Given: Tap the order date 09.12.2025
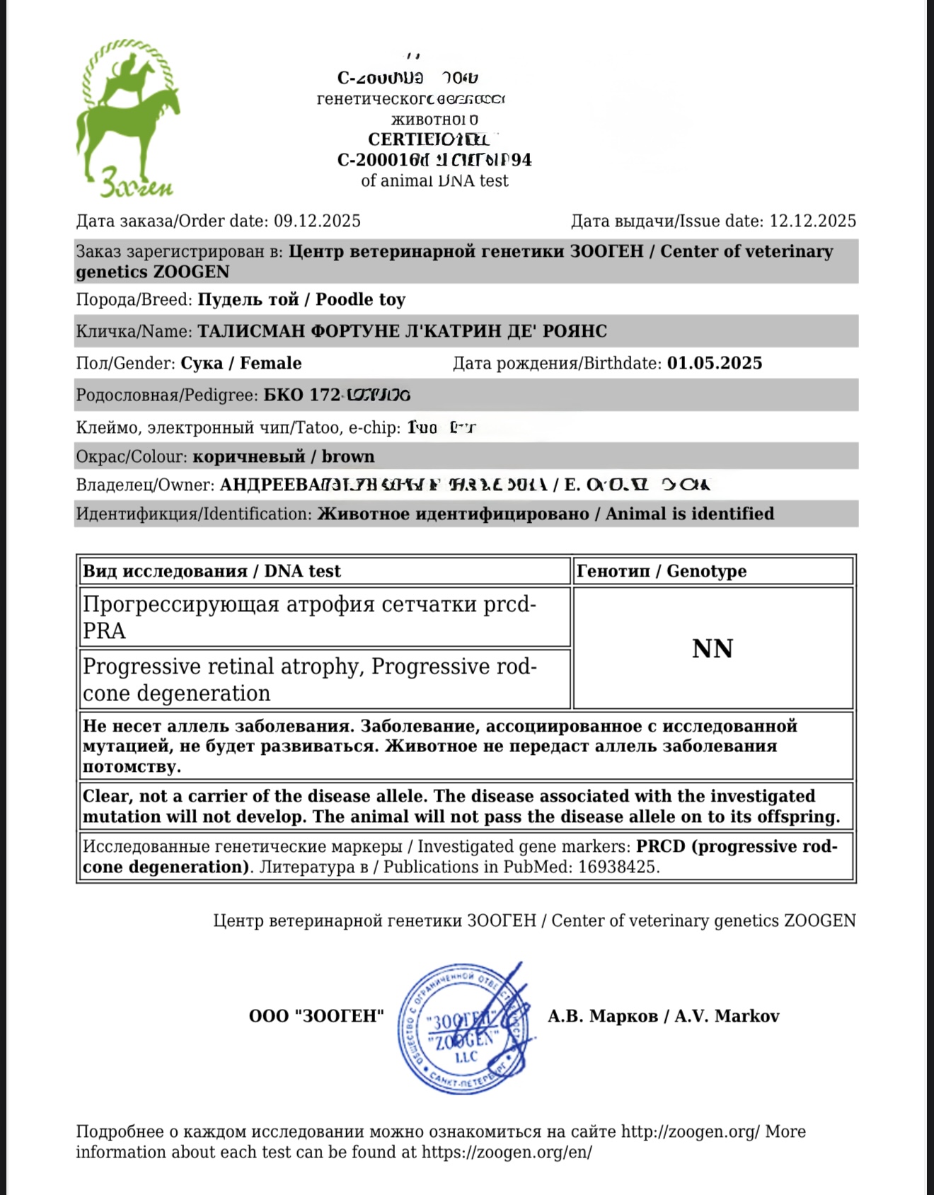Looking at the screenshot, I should pos(317,221).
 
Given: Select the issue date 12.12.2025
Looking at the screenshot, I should pos(812,221).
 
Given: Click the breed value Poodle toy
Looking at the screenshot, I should pos(360,300).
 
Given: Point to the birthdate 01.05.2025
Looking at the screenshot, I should pos(715,364).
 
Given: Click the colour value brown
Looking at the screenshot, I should pos(348,456).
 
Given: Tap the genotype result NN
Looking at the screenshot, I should pos(713,649).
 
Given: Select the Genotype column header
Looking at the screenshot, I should pos(662,571).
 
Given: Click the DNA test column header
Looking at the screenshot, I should pos(212,571).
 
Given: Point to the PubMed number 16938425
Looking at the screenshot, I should pos(618,867).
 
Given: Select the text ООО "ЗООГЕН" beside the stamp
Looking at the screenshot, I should pos(316,1017).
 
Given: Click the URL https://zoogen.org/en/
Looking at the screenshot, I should pos(507,1153).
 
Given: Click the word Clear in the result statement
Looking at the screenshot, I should pos(106,797).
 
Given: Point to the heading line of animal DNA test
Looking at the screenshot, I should pos(434,181).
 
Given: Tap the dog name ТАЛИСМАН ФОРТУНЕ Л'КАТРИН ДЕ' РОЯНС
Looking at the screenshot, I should pos(402,332).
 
